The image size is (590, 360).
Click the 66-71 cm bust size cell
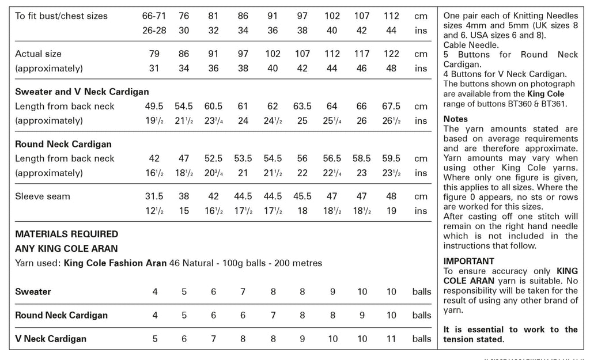(154, 16)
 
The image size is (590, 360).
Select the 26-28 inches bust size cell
(154, 31)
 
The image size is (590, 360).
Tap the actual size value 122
(391, 54)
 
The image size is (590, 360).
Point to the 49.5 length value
(154, 107)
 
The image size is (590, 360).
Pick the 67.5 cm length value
(391, 107)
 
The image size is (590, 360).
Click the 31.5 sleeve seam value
(154, 196)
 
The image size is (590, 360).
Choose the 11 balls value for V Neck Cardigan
(391, 339)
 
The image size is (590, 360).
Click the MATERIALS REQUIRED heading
(66, 234)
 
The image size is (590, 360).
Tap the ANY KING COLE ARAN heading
(66, 249)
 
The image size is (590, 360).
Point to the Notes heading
(456, 119)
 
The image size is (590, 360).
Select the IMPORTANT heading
(469, 261)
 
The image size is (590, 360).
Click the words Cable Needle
(470, 44)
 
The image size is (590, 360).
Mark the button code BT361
(553, 104)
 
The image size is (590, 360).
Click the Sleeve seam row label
(42, 196)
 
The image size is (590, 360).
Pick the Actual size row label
(38, 54)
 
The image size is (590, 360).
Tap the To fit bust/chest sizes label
(61, 16)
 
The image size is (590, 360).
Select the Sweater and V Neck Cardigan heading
(82, 92)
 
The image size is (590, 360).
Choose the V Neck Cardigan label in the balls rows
(51, 339)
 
